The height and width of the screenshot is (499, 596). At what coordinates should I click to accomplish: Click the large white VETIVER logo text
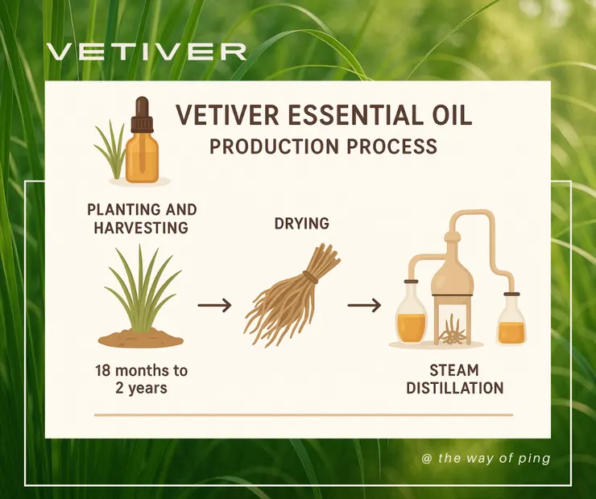147,52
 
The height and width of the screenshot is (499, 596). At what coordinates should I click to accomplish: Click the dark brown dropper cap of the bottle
143,114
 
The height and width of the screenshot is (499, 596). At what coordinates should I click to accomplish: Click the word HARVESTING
141,228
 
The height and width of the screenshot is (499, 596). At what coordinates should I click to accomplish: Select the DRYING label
302,223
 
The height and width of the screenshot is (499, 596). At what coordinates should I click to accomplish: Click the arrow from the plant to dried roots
214,305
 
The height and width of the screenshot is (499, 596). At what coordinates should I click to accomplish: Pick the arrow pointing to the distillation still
364,305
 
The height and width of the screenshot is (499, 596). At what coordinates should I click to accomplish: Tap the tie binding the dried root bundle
311,278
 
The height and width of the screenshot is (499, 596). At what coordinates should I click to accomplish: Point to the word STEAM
454,370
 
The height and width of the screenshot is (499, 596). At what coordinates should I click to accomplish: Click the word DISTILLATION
454,389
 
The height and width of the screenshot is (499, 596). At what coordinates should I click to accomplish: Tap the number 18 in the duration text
102,370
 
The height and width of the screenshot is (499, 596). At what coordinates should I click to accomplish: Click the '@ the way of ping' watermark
486,459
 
